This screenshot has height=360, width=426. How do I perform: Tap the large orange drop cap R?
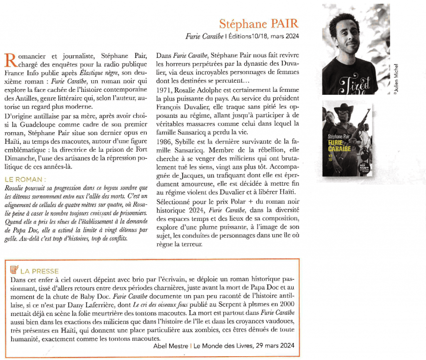point(9,59)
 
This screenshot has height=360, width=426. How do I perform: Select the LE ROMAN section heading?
point(25,180)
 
